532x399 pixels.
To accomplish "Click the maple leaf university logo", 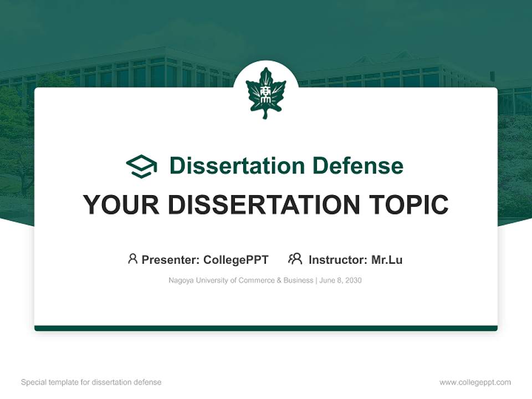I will pos(265,93).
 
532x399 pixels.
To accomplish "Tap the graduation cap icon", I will pos(141,166).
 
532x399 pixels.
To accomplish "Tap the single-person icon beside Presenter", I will pos(132,259).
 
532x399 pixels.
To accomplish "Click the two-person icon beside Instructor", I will pos(295,259).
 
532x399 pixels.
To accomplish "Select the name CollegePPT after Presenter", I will pos(236,259).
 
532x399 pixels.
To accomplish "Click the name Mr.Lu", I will pos(387,259).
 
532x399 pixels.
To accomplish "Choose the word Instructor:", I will pos(338,259).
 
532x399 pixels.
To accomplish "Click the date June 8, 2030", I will pos(340,280).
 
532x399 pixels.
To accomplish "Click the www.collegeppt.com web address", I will pos(475,382).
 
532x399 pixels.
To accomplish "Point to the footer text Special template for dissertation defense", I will pos(91,382).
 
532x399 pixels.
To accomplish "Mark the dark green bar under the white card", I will pos(266,328).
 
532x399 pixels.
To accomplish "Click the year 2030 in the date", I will pos(353,280).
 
